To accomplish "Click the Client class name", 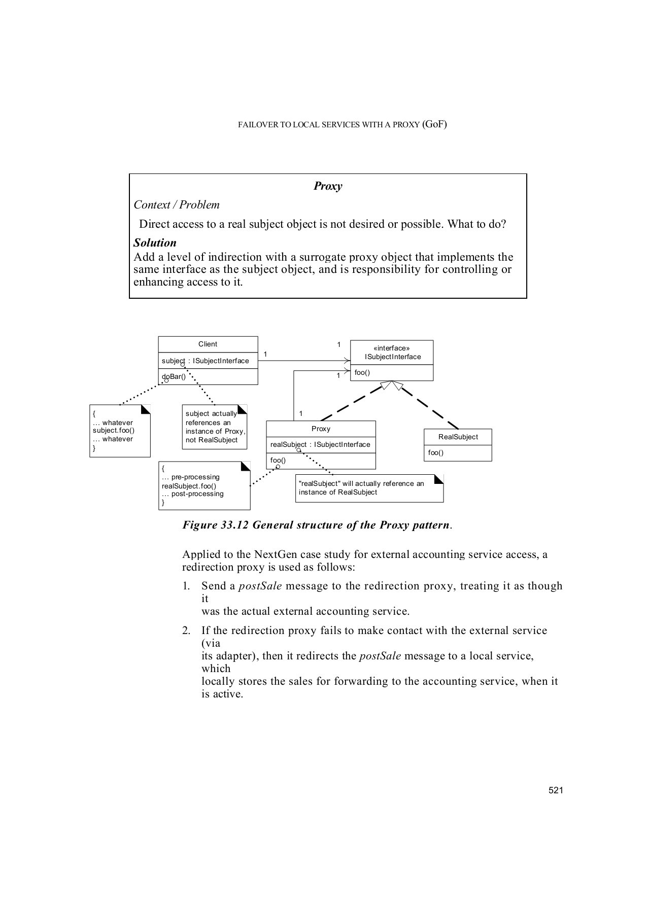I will point(208,344).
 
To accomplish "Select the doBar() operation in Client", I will point(174,376).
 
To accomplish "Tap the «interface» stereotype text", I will point(392,348).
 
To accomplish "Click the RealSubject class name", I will point(458,437).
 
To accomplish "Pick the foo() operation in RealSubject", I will point(435,452).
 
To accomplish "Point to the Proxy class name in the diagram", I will point(321,429).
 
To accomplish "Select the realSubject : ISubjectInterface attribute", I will point(320,444).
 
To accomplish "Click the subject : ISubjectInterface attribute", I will point(206,361).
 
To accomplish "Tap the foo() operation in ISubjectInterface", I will point(362,372).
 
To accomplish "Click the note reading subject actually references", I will point(215,427).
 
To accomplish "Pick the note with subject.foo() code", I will point(120,431).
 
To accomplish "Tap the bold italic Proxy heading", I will point(328,186).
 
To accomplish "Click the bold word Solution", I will point(155,242).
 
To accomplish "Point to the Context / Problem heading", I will point(177,205).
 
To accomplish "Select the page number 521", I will point(556,790).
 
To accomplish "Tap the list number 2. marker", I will point(187,630).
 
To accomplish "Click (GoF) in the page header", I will point(434,124).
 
